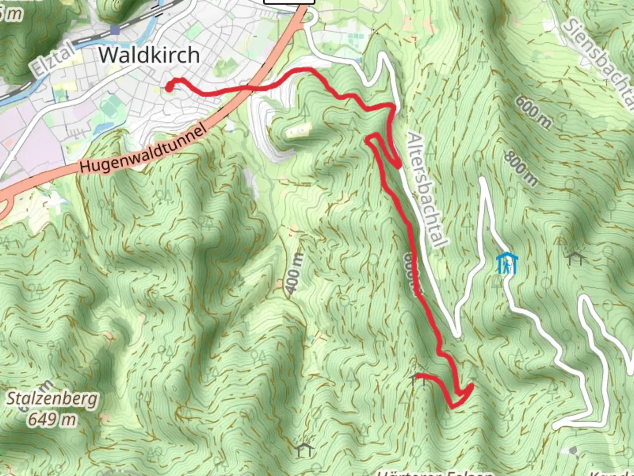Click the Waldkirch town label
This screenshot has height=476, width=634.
[x=149, y=55]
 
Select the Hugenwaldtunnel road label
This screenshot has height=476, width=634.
[x=143, y=149]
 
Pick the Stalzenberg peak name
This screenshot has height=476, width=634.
[x=52, y=399]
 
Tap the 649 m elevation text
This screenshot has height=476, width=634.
[x=52, y=419]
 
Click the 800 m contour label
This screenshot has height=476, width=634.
[x=521, y=168]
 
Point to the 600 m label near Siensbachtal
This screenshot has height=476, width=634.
[x=533, y=113]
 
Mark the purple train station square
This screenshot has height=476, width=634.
[x=115, y=30]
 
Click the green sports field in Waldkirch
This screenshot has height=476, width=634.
[x=109, y=107]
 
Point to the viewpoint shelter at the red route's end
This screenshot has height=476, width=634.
[x=417, y=378]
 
